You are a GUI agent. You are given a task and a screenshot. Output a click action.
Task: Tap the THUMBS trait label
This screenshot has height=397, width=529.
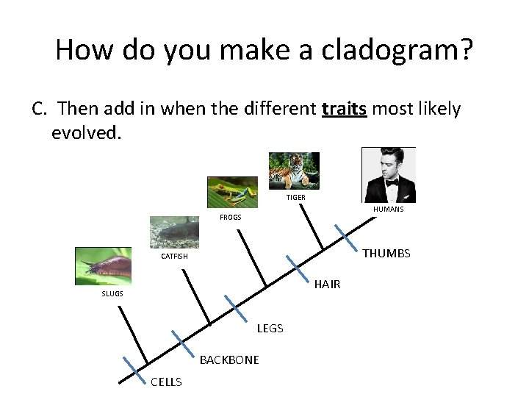[x=386, y=254]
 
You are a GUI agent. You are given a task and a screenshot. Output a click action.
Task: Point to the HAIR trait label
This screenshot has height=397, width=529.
[x=327, y=285]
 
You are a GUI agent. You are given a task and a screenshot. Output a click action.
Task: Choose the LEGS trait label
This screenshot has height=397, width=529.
[x=270, y=328]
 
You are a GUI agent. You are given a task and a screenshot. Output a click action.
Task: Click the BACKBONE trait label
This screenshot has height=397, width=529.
[x=229, y=360]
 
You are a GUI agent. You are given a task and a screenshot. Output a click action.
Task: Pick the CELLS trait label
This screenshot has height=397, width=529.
[x=166, y=381]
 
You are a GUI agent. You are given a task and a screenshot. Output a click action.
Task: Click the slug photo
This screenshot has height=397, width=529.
[x=103, y=265]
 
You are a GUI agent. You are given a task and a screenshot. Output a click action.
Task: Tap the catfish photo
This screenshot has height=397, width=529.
[x=174, y=232]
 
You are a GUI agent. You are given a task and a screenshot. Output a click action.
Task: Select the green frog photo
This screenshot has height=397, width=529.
[x=232, y=193]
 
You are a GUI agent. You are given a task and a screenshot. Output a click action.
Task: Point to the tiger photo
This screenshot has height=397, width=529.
[x=293, y=171]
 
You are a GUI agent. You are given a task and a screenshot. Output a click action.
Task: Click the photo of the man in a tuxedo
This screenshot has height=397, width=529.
[x=389, y=174]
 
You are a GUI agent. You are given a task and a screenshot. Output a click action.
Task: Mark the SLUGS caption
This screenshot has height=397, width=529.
[x=112, y=293]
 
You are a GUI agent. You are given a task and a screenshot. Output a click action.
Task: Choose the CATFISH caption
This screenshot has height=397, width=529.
[x=174, y=257]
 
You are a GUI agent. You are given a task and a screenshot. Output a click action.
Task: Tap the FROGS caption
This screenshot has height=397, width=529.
[x=230, y=218]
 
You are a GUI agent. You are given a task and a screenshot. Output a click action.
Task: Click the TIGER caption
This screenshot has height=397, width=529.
[x=295, y=197]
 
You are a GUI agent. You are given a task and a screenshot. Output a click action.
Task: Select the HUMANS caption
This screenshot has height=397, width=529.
[x=388, y=210]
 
